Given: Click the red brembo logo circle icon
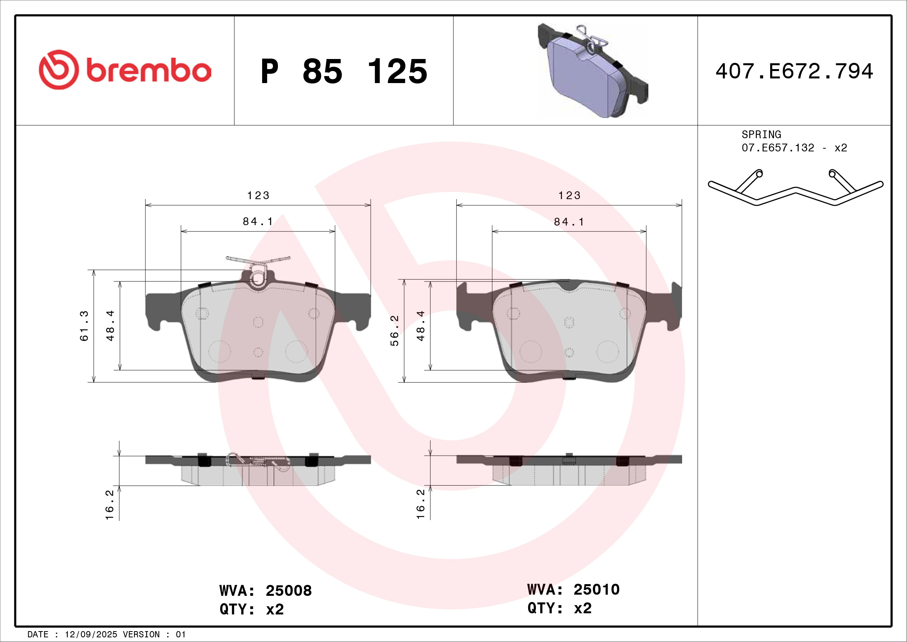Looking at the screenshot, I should point(59,69).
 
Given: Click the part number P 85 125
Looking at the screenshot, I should point(344,71).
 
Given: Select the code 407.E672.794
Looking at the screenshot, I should point(794,71).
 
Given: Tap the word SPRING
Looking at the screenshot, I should point(761,134).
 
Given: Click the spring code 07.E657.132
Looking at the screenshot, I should point(778,148).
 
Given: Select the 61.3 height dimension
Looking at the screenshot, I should point(85,326).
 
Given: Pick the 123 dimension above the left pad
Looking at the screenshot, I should point(258,196).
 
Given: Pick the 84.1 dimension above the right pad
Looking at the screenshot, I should point(569,222).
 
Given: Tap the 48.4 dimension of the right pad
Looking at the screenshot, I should point(421,326).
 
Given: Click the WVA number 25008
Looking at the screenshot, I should point(289,591).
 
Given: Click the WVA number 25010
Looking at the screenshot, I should point(596,590).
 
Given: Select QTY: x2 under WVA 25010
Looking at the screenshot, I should point(560,608).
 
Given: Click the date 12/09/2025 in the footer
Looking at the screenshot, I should point(91,635).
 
